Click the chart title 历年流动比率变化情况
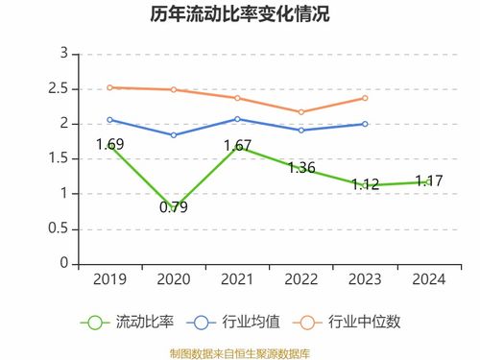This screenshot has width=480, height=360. click(x=239, y=15)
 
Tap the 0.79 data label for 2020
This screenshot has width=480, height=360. click(x=174, y=206)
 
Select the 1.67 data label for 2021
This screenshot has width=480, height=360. click(x=237, y=146)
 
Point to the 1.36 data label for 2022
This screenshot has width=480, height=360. click(x=300, y=168)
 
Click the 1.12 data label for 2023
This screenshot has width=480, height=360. click(x=365, y=184)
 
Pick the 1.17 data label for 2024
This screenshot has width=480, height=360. click(x=428, y=180)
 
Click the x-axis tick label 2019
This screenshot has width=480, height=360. click(x=109, y=279)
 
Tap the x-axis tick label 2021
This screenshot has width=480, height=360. click(x=237, y=279)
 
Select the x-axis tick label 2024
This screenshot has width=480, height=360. click(x=428, y=279)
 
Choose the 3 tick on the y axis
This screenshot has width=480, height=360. click(x=63, y=54)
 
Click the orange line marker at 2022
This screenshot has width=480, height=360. click(x=300, y=111)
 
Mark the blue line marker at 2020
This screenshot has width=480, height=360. click(x=174, y=135)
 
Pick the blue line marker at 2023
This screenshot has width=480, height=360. click(x=365, y=124)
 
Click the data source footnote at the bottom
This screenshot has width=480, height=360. click(x=239, y=351)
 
